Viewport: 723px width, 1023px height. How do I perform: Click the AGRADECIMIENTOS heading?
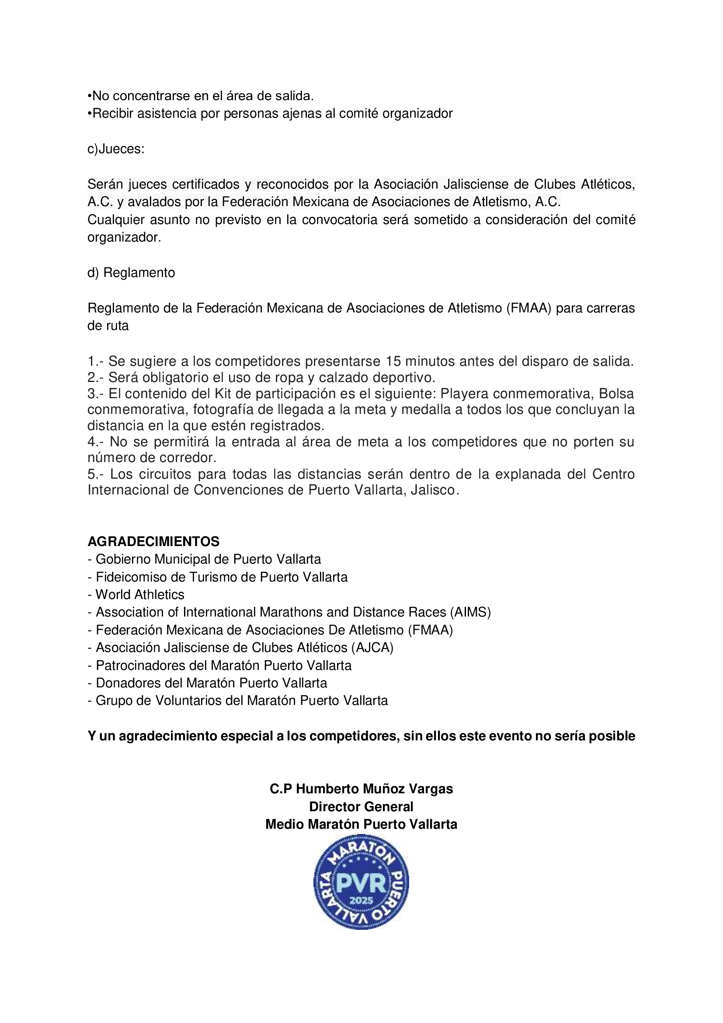click(x=153, y=541)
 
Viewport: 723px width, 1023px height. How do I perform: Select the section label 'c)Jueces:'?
click(x=116, y=149)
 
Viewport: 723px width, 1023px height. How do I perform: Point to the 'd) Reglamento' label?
click(x=131, y=273)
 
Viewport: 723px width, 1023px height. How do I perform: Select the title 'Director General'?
click(x=361, y=806)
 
